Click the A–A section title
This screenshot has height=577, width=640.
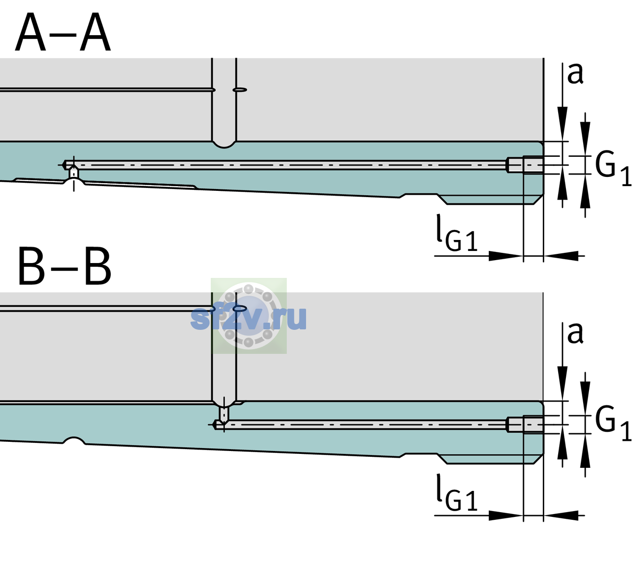click(63, 33)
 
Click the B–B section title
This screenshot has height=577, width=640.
click(65, 266)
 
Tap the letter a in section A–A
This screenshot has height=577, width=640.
click(575, 74)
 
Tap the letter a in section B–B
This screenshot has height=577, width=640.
click(575, 333)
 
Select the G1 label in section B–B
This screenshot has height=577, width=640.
click(613, 423)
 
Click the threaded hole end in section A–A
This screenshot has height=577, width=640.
click(525, 165)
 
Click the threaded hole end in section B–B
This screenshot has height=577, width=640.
click(525, 425)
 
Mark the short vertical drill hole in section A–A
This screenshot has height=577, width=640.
click(74, 173)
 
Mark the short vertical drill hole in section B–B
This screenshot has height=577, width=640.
click(224, 414)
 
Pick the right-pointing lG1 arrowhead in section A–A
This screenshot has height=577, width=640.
click(506, 256)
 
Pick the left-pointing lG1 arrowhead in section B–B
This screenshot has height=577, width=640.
click(561, 515)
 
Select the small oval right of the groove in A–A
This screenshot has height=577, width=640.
click(240, 90)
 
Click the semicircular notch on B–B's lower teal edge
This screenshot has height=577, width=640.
click(74, 440)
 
